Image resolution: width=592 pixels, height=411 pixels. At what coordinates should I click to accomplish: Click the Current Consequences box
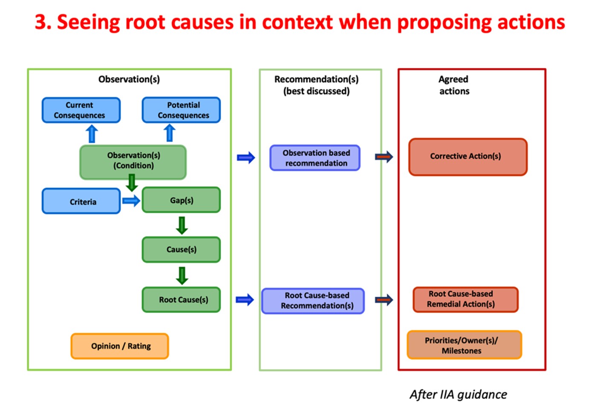pyautogui.click(x=81, y=110)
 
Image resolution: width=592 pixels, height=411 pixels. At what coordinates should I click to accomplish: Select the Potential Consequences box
pyautogui.click(x=181, y=110)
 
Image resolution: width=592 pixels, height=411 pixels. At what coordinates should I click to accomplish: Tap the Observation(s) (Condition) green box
pyautogui.click(x=133, y=161)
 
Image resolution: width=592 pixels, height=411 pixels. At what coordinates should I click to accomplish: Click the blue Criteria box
pyautogui.click(x=81, y=202)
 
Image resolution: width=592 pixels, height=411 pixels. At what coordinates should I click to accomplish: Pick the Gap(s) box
pyautogui.click(x=181, y=200)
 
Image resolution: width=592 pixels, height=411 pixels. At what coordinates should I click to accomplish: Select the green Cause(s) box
pyautogui.click(x=181, y=249)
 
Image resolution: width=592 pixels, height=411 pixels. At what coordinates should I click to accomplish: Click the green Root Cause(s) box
pyautogui.click(x=181, y=300)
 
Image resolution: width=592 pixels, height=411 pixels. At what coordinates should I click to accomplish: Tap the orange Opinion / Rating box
pyautogui.click(x=120, y=346)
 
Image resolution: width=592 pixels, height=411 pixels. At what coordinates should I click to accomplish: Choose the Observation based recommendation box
pyautogui.click(x=315, y=158)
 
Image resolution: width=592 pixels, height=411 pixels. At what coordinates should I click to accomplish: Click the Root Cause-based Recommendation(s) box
pyautogui.click(x=313, y=301)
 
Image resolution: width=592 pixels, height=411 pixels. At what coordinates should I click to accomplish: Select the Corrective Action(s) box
pyautogui.click(x=468, y=156)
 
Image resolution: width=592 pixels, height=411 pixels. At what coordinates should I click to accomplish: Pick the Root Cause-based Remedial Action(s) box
pyautogui.click(x=465, y=299)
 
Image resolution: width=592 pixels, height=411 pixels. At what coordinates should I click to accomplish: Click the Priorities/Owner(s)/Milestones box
pyautogui.click(x=464, y=345)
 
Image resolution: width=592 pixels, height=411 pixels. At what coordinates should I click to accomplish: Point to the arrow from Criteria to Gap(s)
pyautogui.click(x=131, y=201)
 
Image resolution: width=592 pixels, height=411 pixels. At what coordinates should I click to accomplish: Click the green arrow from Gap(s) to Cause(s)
pyautogui.click(x=182, y=225)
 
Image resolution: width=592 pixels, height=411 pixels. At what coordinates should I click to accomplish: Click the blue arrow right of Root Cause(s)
pyautogui.click(x=245, y=300)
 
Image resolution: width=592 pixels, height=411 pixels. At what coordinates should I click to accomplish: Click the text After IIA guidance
pyautogui.click(x=458, y=395)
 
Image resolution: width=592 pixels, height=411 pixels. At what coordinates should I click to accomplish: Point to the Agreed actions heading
pyautogui.click(x=454, y=85)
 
